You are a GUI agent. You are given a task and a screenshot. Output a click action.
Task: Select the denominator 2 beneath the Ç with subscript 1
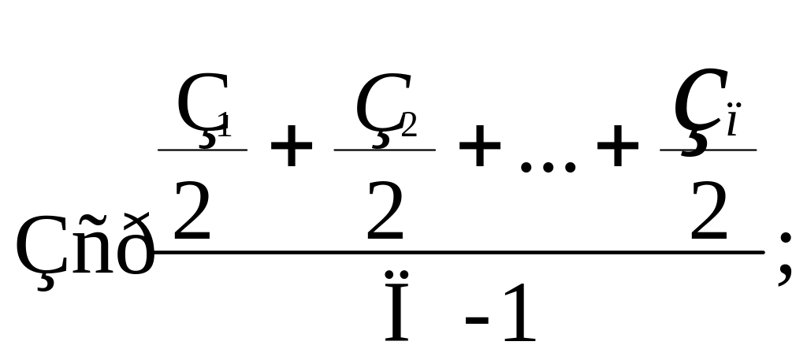tap(192, 210)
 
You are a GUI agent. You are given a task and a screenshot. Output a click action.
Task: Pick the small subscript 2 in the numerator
tap(408, 124)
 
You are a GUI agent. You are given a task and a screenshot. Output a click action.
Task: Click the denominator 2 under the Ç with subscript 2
tap(385, 210)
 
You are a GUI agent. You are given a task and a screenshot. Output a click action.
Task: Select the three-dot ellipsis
tap(549, 167)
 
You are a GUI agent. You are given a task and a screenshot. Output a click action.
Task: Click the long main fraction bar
tap(457, 252)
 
